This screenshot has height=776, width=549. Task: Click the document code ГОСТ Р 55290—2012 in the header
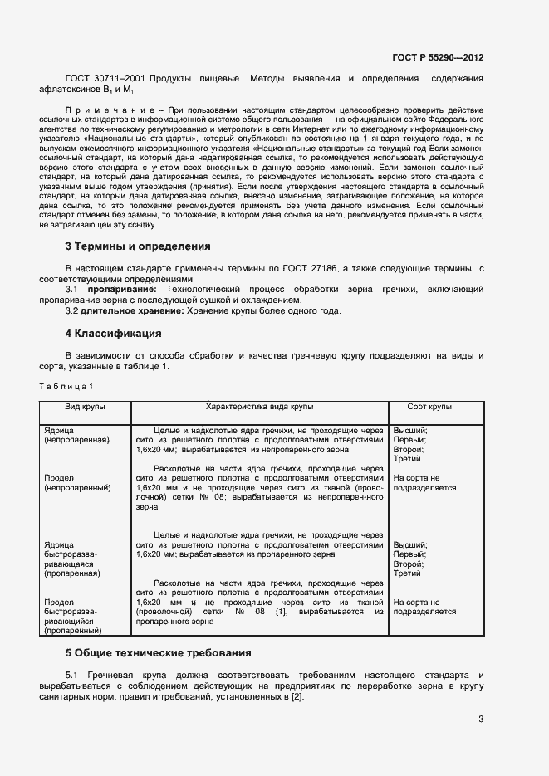pos(438,58)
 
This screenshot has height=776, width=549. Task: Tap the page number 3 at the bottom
pos(481,719)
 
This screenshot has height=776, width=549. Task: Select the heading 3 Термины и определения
pos(137,246)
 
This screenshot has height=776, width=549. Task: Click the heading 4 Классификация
pos(113,334)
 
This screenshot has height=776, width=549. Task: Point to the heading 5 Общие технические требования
pos(158,653)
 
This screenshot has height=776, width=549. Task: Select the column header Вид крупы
pos(85,408)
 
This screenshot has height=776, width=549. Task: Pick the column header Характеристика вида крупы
pos(259,408)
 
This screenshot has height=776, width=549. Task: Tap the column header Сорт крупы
pos(429,408)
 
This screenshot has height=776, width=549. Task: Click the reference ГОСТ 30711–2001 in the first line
pos(104,79)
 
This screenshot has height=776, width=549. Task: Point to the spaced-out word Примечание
pos(104,110)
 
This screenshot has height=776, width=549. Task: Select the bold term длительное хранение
pos(133,310)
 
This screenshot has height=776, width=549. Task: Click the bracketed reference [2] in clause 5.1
pos(296,696)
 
